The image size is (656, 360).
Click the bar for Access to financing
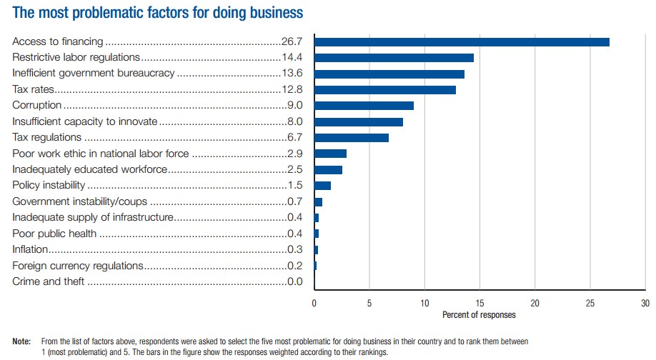click(x=462, y=42)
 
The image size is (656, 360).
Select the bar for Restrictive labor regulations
click(x=394, y=58)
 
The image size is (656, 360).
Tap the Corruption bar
click(x=364, y=106)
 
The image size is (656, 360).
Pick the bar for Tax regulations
click(x=352, y=137)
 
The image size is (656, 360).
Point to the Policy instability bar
click(x=322, y=186)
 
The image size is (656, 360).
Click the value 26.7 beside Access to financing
click(x=292, y=42)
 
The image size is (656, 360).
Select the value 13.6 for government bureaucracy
click(x=292, y=74)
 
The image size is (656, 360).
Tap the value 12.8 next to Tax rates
click(x=292, y=90)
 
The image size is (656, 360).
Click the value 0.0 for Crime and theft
click(x=294, y=281)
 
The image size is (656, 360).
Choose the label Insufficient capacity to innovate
click(x=85, y=121)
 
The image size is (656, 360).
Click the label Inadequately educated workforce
click(x=90, y=169)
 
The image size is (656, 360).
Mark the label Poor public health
click(x=54, y=234)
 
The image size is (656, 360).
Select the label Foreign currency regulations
click(x=78, y=266)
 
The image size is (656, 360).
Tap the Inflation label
click(x=30, y=249)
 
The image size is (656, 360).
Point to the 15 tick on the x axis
click(x=479, y=303)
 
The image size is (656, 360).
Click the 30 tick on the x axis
click(x=645, y=303)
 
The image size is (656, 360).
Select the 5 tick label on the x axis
click(x=369, y=303)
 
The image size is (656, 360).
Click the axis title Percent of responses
click(x=479, y=314)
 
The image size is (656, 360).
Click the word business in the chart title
click(x=272, y=13)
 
